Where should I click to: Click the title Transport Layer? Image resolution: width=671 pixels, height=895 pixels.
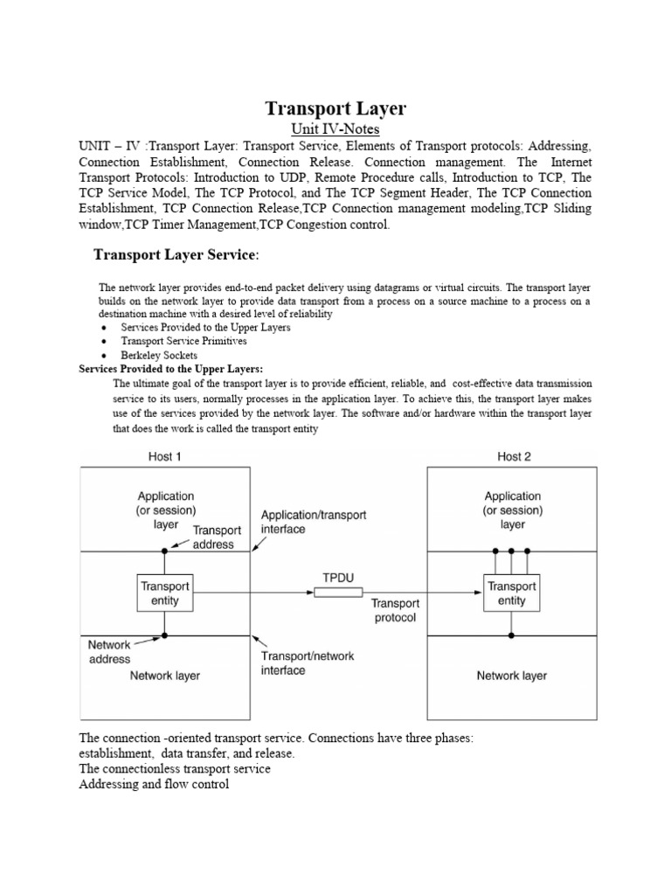pos(335,108)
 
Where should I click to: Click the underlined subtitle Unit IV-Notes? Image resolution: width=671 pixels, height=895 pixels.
pos(335,129)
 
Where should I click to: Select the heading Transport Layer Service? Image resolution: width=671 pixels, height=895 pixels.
pos(176,254)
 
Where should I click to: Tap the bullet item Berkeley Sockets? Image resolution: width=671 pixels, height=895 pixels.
pos(159,356)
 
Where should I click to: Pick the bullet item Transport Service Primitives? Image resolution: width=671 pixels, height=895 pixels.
pos(183,341)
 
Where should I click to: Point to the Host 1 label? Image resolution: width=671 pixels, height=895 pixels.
pos(164,456)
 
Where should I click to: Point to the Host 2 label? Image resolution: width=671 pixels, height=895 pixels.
pos(514,456)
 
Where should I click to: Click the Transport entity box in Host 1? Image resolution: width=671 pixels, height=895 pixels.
pos(165,593)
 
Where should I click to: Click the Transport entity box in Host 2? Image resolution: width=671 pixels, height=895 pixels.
pos(512,593)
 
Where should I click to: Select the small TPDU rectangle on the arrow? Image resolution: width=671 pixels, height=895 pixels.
pos(338,593)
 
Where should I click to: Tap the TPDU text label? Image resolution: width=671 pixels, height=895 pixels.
pos(338,577)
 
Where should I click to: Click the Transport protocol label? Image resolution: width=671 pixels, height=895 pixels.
pos(396,610)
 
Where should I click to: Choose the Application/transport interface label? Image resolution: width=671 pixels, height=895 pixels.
pos(314,522)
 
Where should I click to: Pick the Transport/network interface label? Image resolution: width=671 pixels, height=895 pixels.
pos(308,663)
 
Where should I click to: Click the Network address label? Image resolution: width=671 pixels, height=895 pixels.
pos(109,651)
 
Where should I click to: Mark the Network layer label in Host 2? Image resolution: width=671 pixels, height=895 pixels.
pos(512,676)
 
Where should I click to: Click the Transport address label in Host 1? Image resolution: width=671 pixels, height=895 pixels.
pos(213,537)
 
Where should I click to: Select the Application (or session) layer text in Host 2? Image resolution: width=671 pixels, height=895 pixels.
pos(512,510)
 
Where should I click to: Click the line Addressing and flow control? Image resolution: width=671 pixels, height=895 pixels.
pos(154,785)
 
